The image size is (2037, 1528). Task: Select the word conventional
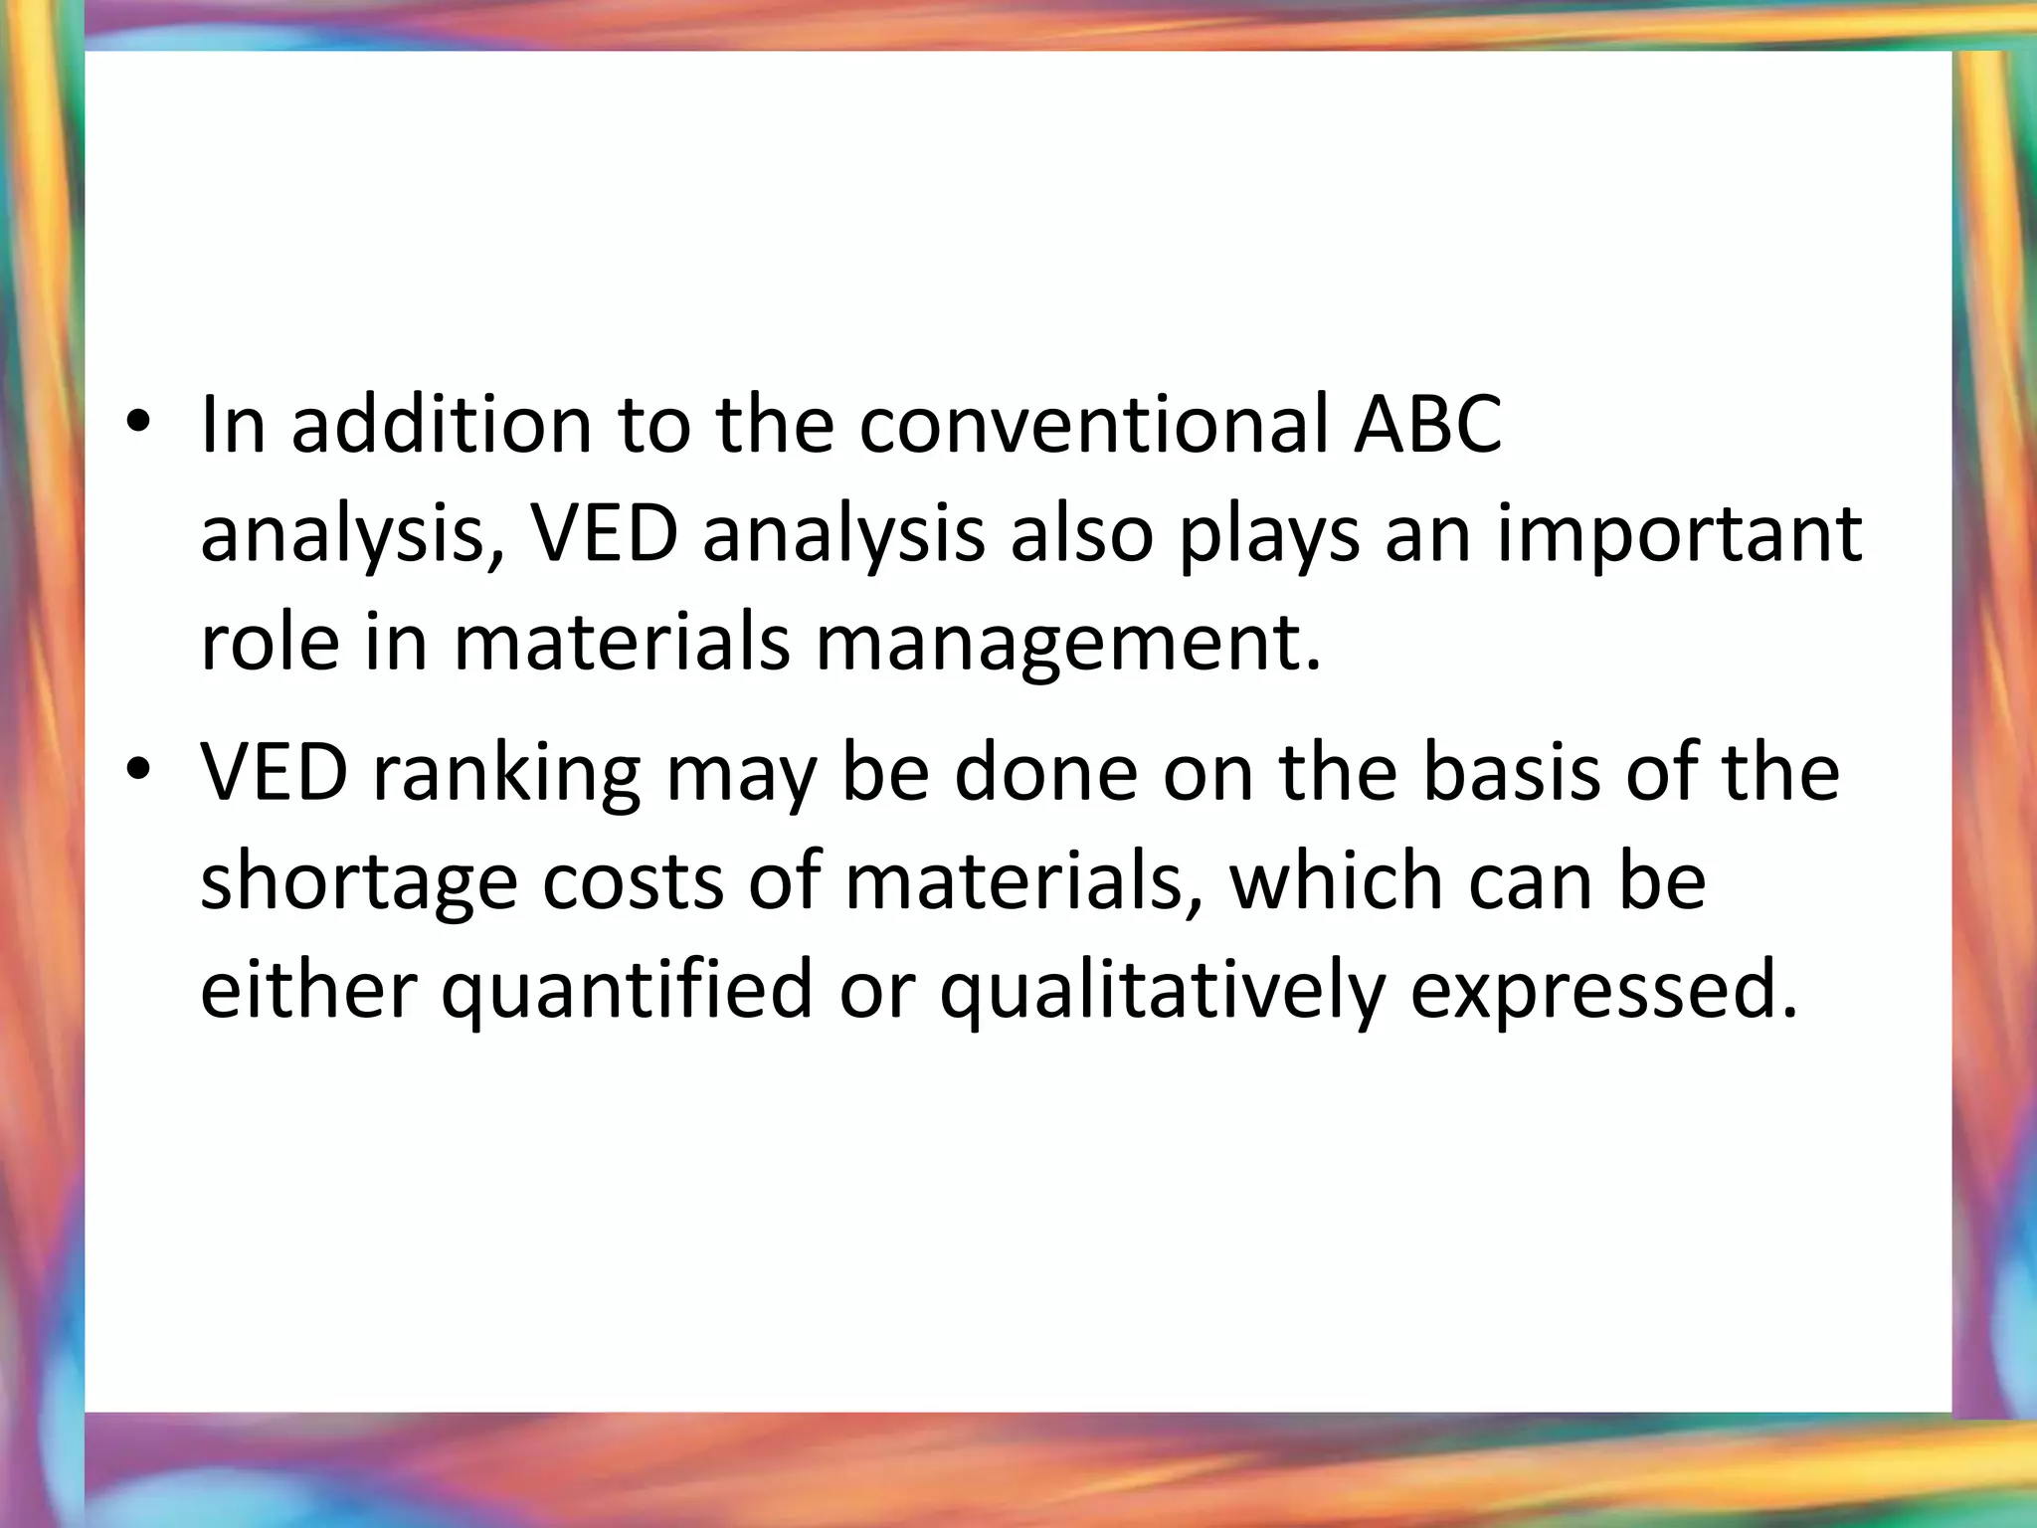tap(1093, 425)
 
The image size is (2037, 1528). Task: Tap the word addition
tap(442, 425)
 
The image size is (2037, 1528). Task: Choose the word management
tap(1068, 645)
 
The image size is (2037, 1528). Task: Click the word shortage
tap(359, 883)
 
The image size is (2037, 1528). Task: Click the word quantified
tap(628, 992)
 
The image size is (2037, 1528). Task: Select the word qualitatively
tap(1163, 992)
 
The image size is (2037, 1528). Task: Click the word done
tap(1045, 772)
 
